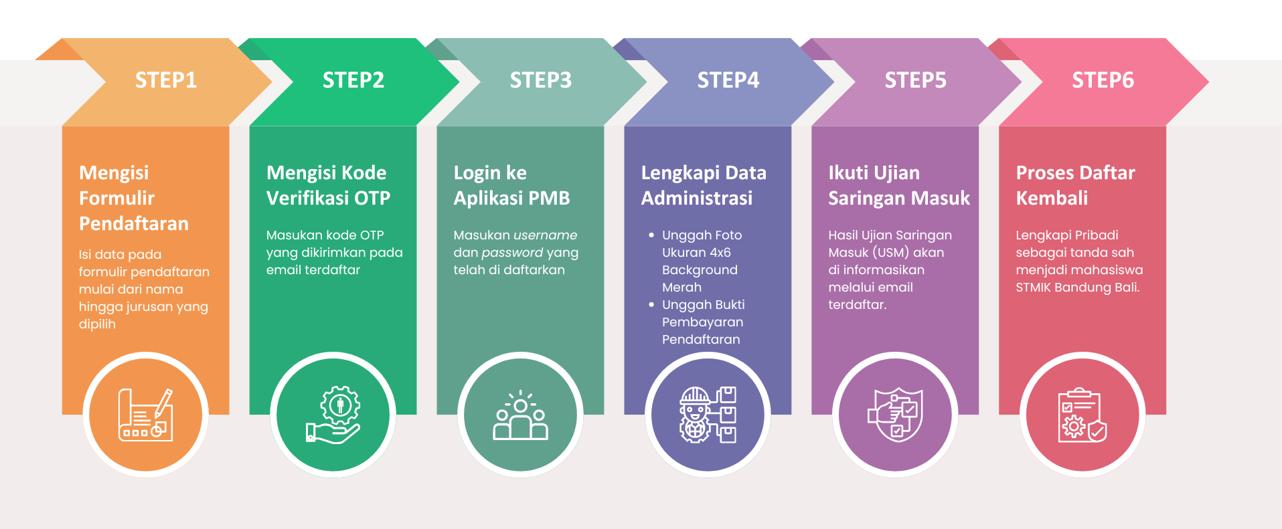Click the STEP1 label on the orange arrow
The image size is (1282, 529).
[x=166, y=80]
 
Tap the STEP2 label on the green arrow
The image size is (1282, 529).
[x=353, y=80]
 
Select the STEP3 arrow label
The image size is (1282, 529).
[x=541, y=80]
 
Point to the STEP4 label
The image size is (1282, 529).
[x=728, y=80]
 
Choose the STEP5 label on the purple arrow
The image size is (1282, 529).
[x=916, y=80]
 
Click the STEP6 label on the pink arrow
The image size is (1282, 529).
[x=1103, y=80]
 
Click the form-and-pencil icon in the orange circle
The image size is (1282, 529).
[x=145, y=415]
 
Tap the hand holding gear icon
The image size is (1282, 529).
[x=333, y=415]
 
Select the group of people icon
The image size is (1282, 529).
[x=520, y=415]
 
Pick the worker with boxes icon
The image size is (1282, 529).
[x=708, y=415]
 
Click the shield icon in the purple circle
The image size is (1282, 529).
[x=896, y=415]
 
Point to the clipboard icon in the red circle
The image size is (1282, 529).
[x=1082, y=415]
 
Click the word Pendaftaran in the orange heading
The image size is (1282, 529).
[x=134, y=223]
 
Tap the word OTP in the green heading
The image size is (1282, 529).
[x=372, y=198]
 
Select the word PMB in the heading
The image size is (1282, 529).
[x=549, y=198]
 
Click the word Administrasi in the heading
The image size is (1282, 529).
[x=697, y=198]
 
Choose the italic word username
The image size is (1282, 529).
[x=545, y=235]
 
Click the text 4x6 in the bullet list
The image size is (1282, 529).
[x=720, y=253]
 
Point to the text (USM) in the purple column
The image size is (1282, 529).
[x=891, y=253]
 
